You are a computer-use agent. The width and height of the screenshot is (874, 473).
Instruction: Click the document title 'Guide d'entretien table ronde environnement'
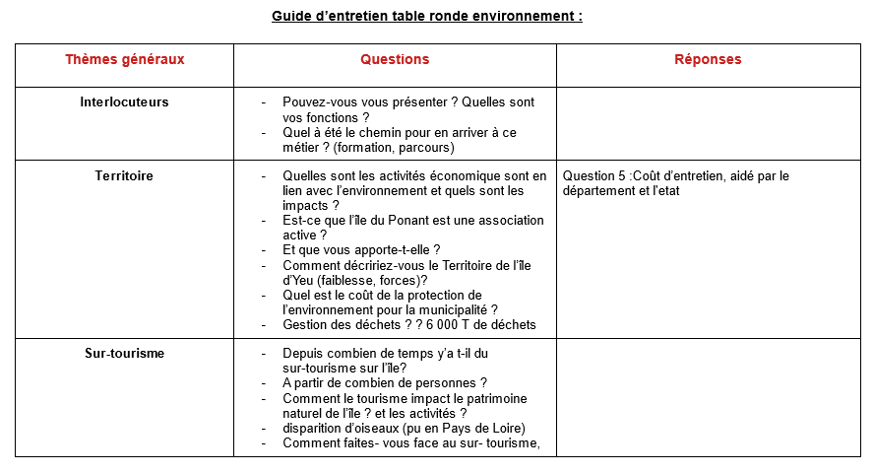point(426,17)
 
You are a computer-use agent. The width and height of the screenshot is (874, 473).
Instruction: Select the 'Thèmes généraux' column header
point(124,60)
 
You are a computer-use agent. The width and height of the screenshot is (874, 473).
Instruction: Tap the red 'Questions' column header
point(395,60)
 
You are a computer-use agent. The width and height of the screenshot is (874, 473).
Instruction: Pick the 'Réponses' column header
point(708,60)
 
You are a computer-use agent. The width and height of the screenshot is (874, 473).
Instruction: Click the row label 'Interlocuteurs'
point(124,102)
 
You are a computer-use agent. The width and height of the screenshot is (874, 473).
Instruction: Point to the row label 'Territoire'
point(124,176)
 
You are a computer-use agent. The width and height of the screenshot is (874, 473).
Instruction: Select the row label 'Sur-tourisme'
point(124,354)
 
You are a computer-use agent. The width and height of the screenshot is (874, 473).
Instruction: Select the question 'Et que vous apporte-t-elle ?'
point(361,250)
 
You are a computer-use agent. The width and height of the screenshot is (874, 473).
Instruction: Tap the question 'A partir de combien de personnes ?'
point(385,383)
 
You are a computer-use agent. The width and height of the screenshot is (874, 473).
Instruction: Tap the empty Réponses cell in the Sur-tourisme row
point(708,397)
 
